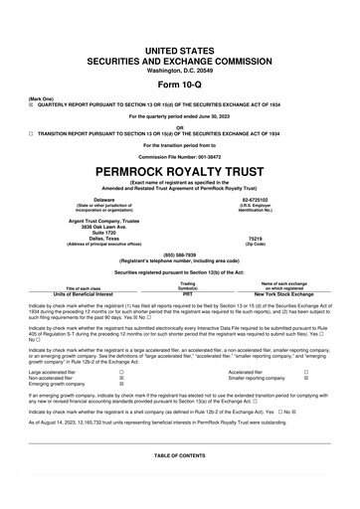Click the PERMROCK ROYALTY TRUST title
tap(179, 171)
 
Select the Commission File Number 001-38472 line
tap(179, 157)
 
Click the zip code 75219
tap(255, 239)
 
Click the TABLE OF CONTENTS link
tap(179, 454)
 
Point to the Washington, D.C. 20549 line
tap(179, 42)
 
